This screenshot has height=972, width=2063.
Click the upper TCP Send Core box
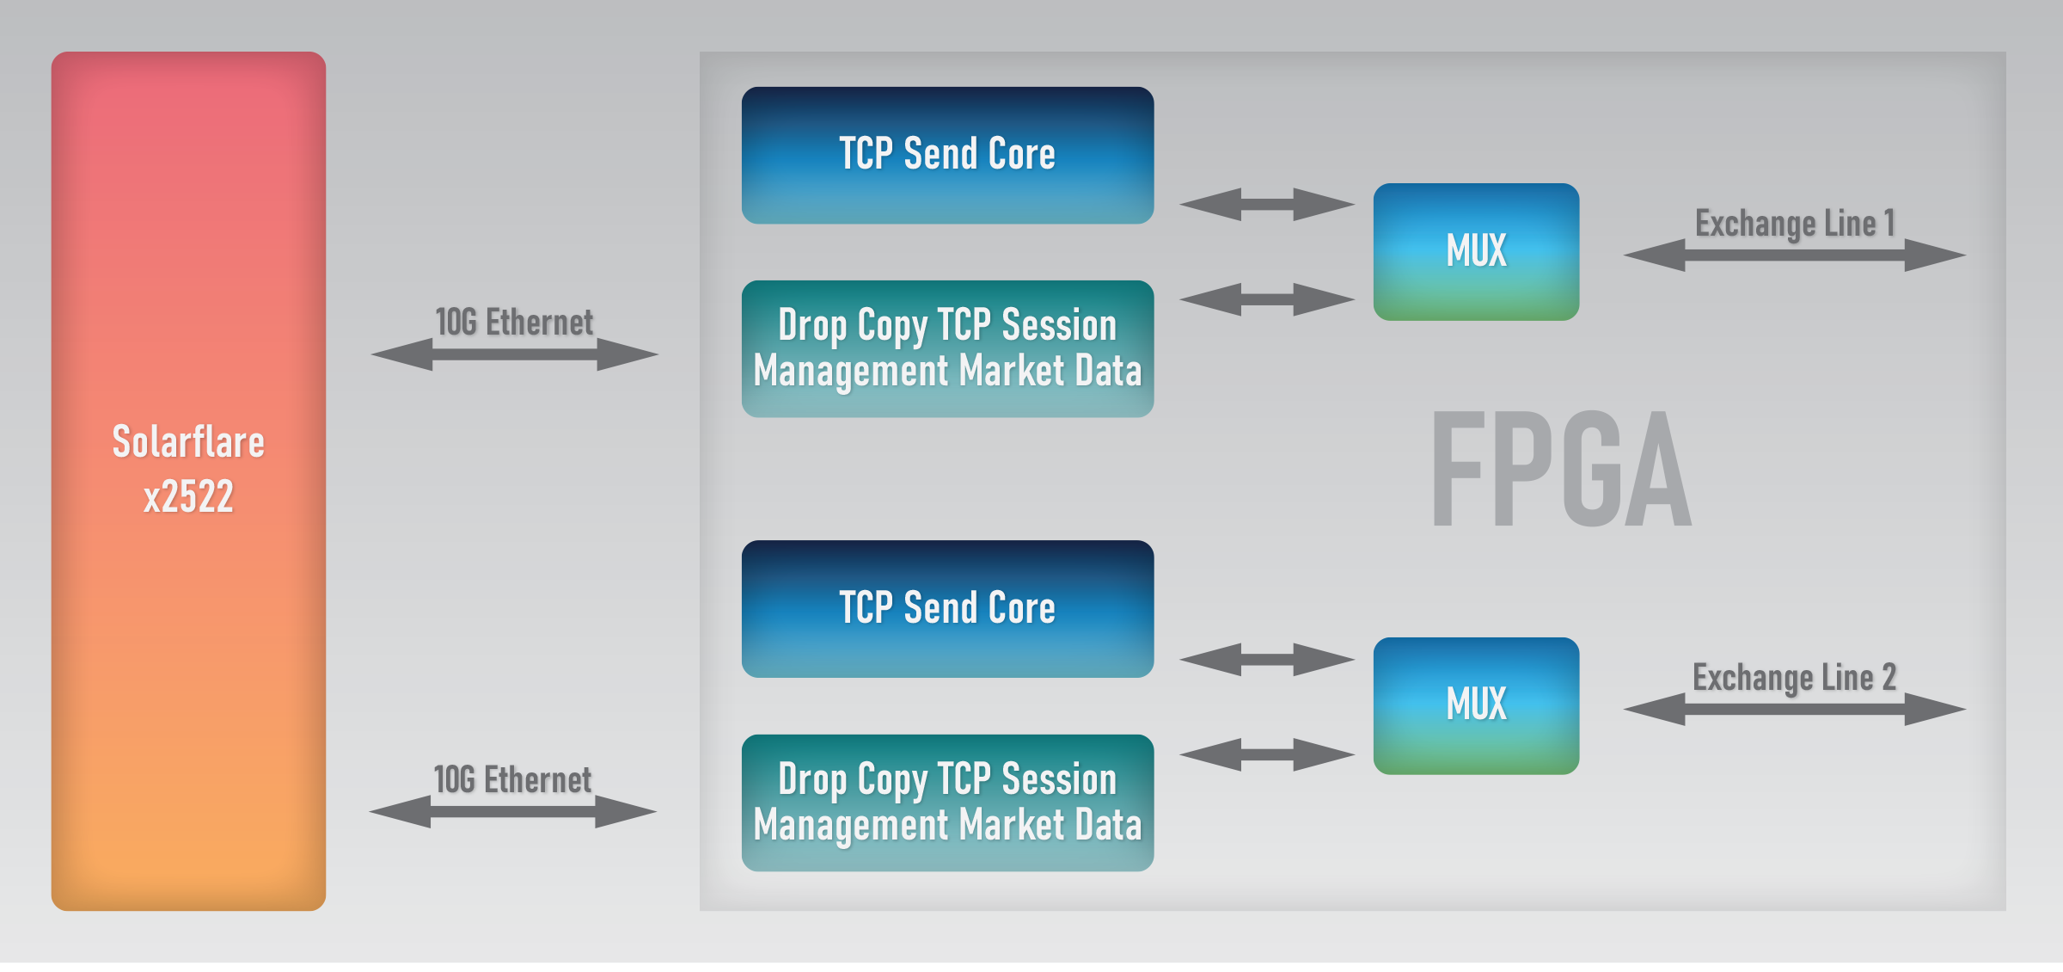[947, 155]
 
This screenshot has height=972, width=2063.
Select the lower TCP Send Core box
[947, 609]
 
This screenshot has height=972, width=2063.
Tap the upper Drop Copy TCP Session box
[947, 348]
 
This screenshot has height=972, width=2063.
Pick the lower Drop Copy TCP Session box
[947, 803]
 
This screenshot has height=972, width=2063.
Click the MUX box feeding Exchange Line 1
[1476, 251]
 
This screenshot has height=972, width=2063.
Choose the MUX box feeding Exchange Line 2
[1476, 705]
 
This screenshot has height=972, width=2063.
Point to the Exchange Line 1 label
[1795, 224]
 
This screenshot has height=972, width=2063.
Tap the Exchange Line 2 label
[1794, 678]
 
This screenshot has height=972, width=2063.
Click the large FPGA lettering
[1561, 469]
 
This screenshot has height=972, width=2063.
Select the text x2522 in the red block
[188, 496]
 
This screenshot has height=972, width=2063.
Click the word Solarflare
[188, 442]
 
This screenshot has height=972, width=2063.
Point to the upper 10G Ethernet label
[514, 323]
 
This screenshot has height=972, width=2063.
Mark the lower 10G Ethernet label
[512, 780]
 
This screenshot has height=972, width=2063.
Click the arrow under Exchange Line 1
[1795, 255]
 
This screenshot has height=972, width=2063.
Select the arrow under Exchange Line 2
[1795, 710]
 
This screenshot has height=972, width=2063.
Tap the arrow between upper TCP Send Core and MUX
[1267, 205]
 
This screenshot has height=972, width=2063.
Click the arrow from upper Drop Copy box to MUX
[1267, 299]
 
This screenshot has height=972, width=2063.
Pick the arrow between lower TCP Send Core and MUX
[1267, 660]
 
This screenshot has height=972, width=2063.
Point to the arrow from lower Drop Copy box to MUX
[1267, 754]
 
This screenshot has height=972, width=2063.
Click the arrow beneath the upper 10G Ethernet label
[514, 354]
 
